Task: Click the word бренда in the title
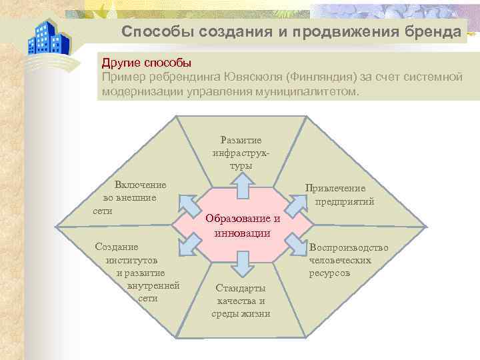point(433,32)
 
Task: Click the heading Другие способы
point(146,63)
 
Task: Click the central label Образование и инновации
point(243,225)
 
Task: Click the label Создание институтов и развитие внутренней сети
point(137,272)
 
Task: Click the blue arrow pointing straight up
point(242,184)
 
